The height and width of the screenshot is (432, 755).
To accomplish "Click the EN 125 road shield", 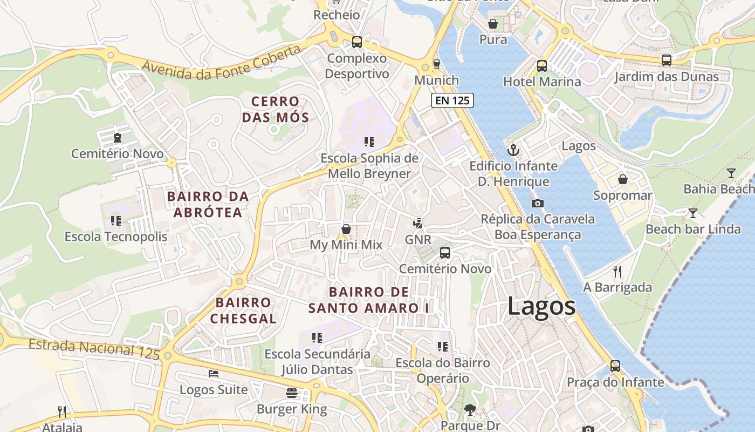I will [x=452, y=100].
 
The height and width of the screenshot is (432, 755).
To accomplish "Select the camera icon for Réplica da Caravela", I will [x=537, y=203].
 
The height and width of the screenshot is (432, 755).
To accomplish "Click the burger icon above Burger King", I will [x=292, y=393].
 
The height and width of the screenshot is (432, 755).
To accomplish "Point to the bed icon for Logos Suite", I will [x=214, y=373].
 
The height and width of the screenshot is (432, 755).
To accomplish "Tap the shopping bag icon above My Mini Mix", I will [x=346, y=229].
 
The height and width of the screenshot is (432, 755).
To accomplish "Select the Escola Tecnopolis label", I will [x=116, y=237].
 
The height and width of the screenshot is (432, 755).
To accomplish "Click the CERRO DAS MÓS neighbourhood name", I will [x=275, y=109].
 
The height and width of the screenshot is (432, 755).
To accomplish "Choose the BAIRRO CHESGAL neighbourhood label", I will [x=243, y=310].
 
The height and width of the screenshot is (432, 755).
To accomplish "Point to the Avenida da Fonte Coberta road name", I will [x=221, y=63].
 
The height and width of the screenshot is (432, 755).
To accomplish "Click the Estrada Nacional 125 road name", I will [x=94, y=348].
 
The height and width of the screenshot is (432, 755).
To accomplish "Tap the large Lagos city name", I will [x=541, y=306].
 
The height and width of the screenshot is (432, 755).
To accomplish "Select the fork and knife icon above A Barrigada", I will [x=617, y=271].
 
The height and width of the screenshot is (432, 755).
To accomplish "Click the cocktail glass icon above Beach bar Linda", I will [x=693, y=213].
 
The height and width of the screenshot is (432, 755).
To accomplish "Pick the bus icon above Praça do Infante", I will [x=615, y=366].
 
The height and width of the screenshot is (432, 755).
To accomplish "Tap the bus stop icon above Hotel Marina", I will [x=542, y=66].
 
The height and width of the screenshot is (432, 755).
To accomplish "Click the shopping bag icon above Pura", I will [x=493, y=24].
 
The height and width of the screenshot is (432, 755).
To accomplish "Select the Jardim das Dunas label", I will [x=667, y=77].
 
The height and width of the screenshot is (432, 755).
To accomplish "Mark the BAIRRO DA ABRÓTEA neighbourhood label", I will [x=208, y=204].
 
